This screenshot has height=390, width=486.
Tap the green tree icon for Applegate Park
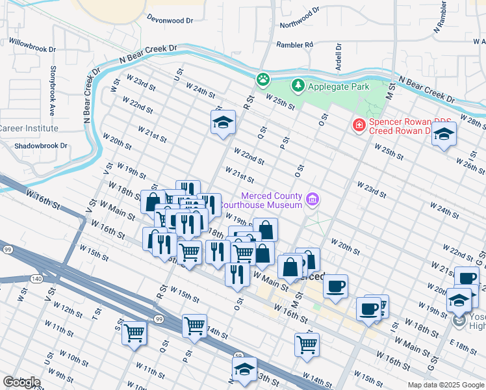coord(298,86)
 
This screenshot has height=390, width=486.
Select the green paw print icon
coord(262,79)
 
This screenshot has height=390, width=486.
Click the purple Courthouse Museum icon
coord(313,199)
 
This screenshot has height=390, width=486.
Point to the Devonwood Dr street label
coord(170,20)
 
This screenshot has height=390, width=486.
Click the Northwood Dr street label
coord(300,19)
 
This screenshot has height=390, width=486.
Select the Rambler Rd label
coord(294,45)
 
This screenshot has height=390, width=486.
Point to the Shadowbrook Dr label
coord(41,146)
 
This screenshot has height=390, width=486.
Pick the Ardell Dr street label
coord(339,58)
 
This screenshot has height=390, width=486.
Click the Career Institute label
coord(29,129)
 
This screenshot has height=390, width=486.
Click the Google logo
coord(21,382)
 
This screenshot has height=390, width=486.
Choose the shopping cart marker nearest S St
coord(134,333)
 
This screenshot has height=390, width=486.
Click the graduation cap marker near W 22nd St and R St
coord(223,122)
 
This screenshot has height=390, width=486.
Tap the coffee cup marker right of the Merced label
coord(335,287)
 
